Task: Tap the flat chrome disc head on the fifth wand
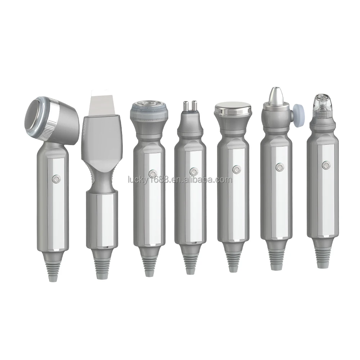pyautogui.click(x=232, y=109)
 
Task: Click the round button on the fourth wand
pyautogui.click(x=193, y=171)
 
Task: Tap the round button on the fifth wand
pyautogui.click(x=236, y=169)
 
